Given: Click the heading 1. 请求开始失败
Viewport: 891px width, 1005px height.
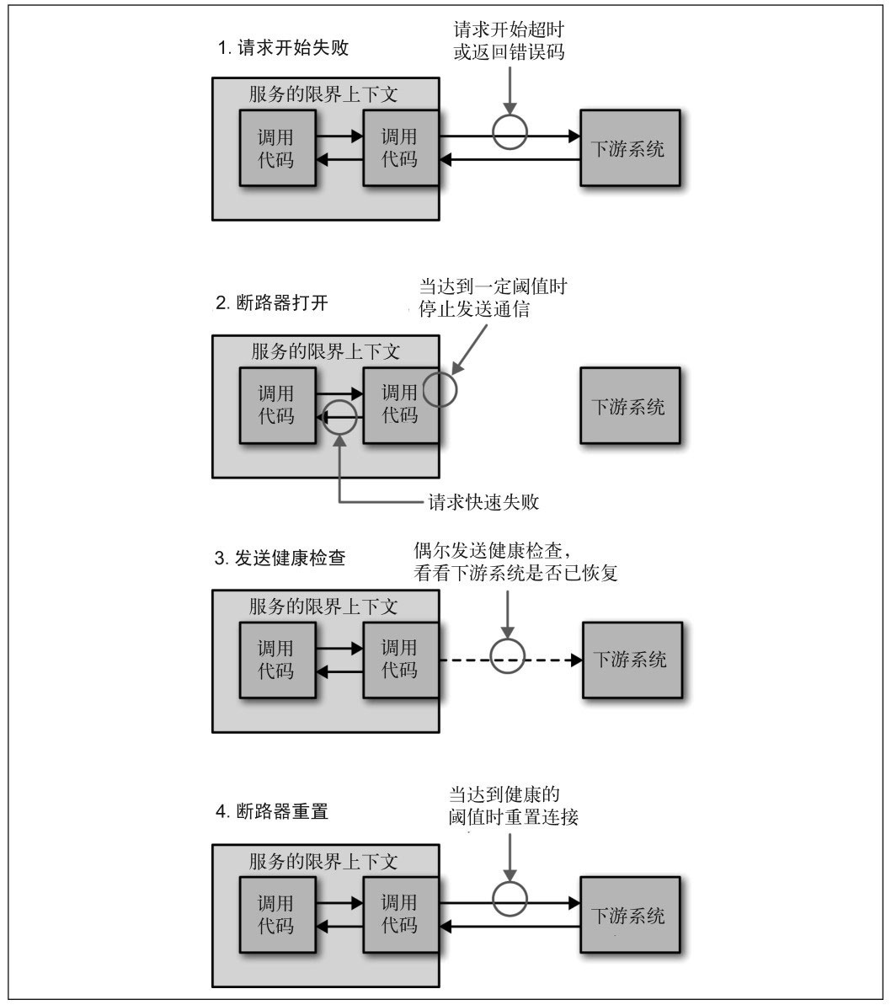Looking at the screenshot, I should [283, 48].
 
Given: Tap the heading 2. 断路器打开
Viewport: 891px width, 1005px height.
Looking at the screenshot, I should [272, 304].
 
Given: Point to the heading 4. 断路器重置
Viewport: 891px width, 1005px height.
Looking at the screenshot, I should [272, 813].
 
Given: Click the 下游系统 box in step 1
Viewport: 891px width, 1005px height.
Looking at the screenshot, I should [630, 148].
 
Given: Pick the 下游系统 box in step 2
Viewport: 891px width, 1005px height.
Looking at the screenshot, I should [630, 406].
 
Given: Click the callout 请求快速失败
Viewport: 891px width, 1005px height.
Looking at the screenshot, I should [483, 503].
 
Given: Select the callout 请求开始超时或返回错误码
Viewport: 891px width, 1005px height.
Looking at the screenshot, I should [508, 40].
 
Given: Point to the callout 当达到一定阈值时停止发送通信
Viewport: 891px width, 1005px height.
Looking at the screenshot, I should [493, 297].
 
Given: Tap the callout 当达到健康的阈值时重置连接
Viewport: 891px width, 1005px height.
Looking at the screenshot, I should [514, 805].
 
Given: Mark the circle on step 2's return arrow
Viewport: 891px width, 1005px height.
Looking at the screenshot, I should [340, 416].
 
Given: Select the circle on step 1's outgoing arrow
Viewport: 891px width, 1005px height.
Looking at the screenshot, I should [510, 134].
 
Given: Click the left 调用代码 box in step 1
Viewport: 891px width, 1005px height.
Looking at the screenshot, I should [276, 148].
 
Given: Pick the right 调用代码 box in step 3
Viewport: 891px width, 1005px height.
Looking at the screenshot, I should [400, 660].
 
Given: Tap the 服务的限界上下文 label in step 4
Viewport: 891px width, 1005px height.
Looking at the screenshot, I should [323, 862].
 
